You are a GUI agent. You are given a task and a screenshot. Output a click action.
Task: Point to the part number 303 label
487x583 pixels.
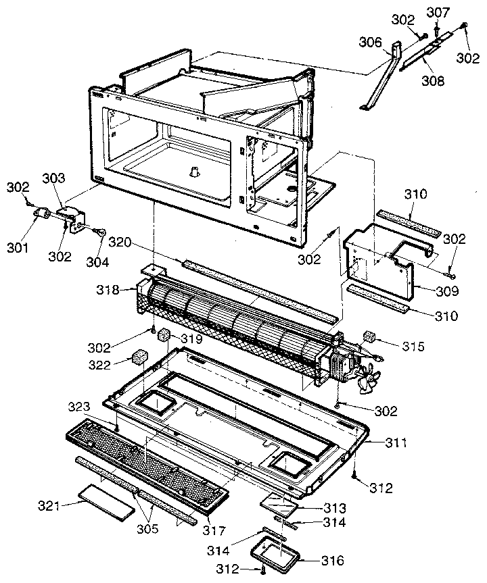53,178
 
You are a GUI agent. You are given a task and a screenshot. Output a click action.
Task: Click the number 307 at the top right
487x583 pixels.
438,11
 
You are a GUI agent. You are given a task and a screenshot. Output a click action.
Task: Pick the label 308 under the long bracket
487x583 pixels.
433,81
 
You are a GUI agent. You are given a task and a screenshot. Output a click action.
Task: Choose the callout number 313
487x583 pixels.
334,507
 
